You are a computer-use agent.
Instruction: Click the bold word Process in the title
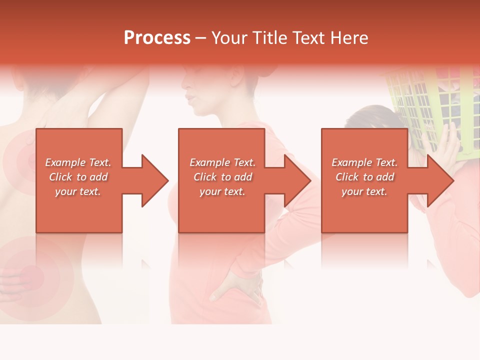click(157, 38)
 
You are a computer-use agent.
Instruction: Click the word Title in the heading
click(269, 38)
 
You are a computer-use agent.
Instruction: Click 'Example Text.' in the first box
click(78, 162)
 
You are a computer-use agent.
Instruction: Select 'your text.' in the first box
click(78, 191)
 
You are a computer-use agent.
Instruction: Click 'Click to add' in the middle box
click(222, 177)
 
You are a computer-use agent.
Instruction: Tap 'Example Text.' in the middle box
click(222, 162)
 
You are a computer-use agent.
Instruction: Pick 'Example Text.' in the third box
click(364, 162)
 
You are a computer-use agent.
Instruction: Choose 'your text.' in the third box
click(364, 191)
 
